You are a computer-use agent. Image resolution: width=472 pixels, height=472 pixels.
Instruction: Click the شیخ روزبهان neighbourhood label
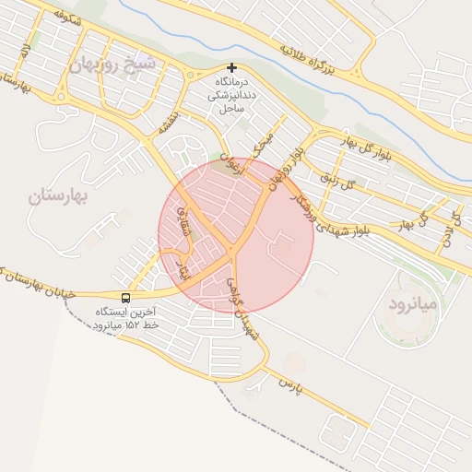[112, 65]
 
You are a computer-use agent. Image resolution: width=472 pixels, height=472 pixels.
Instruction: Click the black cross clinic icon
[231, 67]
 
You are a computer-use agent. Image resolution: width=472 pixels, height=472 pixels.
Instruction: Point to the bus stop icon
[125, 298]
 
